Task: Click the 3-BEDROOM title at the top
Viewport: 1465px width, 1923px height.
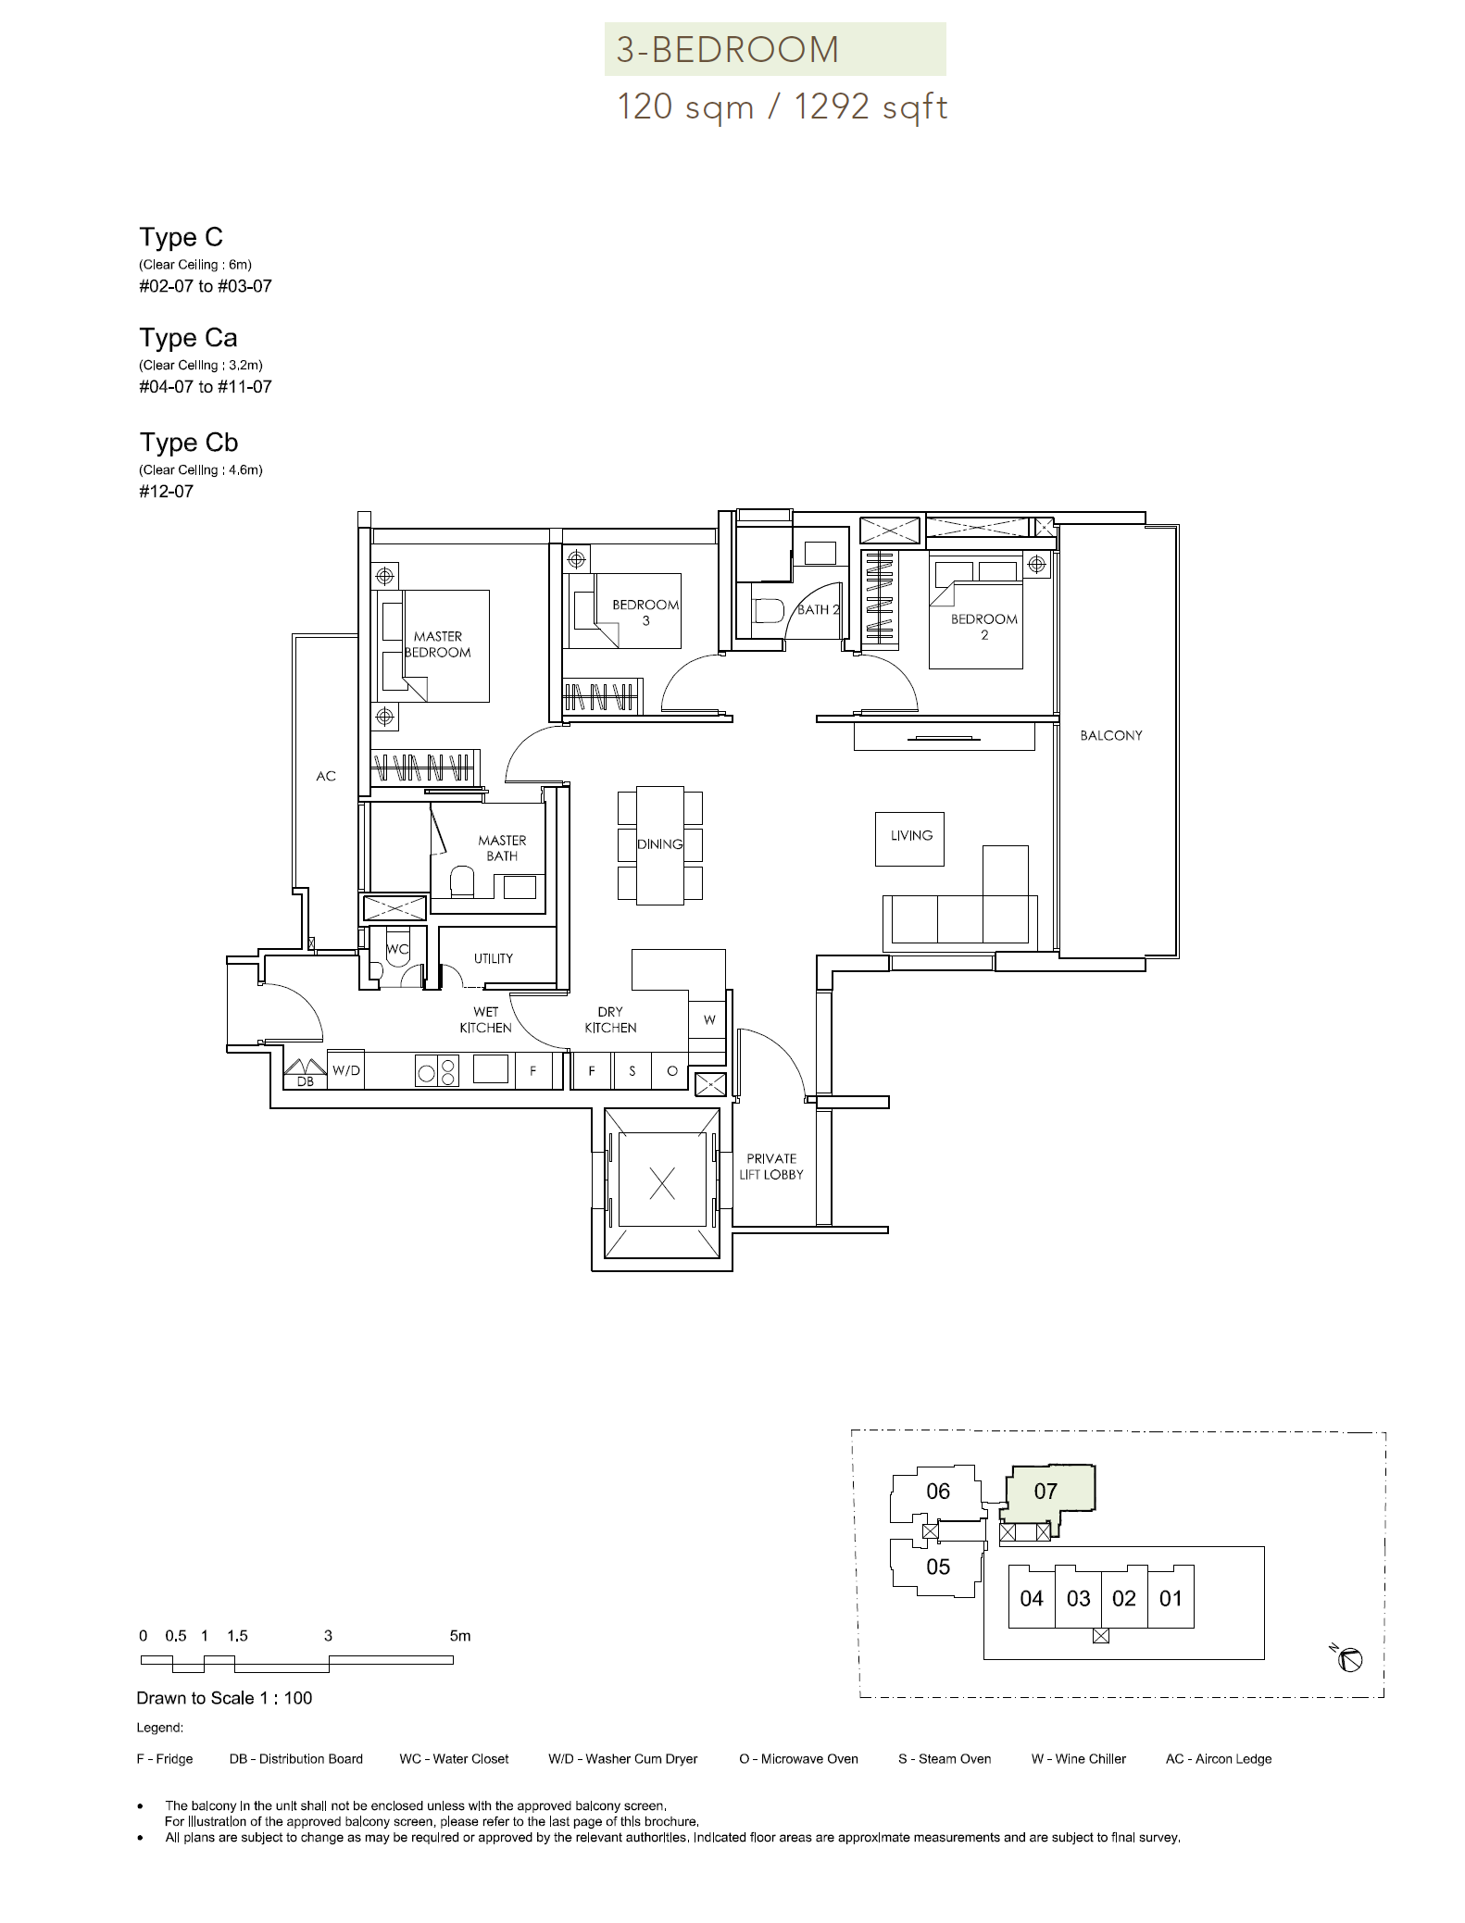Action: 728,50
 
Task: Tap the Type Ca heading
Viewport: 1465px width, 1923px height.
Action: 188,338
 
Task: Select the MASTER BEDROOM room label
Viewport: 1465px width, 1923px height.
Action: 438,644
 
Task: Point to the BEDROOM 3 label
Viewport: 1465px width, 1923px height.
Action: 645,613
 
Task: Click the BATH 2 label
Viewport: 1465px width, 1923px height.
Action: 819,610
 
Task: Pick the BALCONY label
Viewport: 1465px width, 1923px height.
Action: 1111,735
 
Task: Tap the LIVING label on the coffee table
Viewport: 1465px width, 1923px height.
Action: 911,835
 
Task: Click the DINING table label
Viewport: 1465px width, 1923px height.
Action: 659,844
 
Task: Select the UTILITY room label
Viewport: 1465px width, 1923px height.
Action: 494,958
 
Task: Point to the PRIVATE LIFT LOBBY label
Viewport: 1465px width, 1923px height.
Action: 771,1167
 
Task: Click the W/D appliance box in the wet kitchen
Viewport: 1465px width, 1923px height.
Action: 346,1070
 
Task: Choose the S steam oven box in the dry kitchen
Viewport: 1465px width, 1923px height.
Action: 632,1071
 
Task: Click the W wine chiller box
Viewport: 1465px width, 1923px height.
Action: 709,1019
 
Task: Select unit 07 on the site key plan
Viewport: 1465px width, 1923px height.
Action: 1046,1492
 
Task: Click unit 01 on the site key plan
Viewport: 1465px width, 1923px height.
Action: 1171,1599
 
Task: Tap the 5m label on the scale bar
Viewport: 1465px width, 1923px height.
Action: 459,1636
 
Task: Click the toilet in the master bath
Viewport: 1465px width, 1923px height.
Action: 461,882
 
